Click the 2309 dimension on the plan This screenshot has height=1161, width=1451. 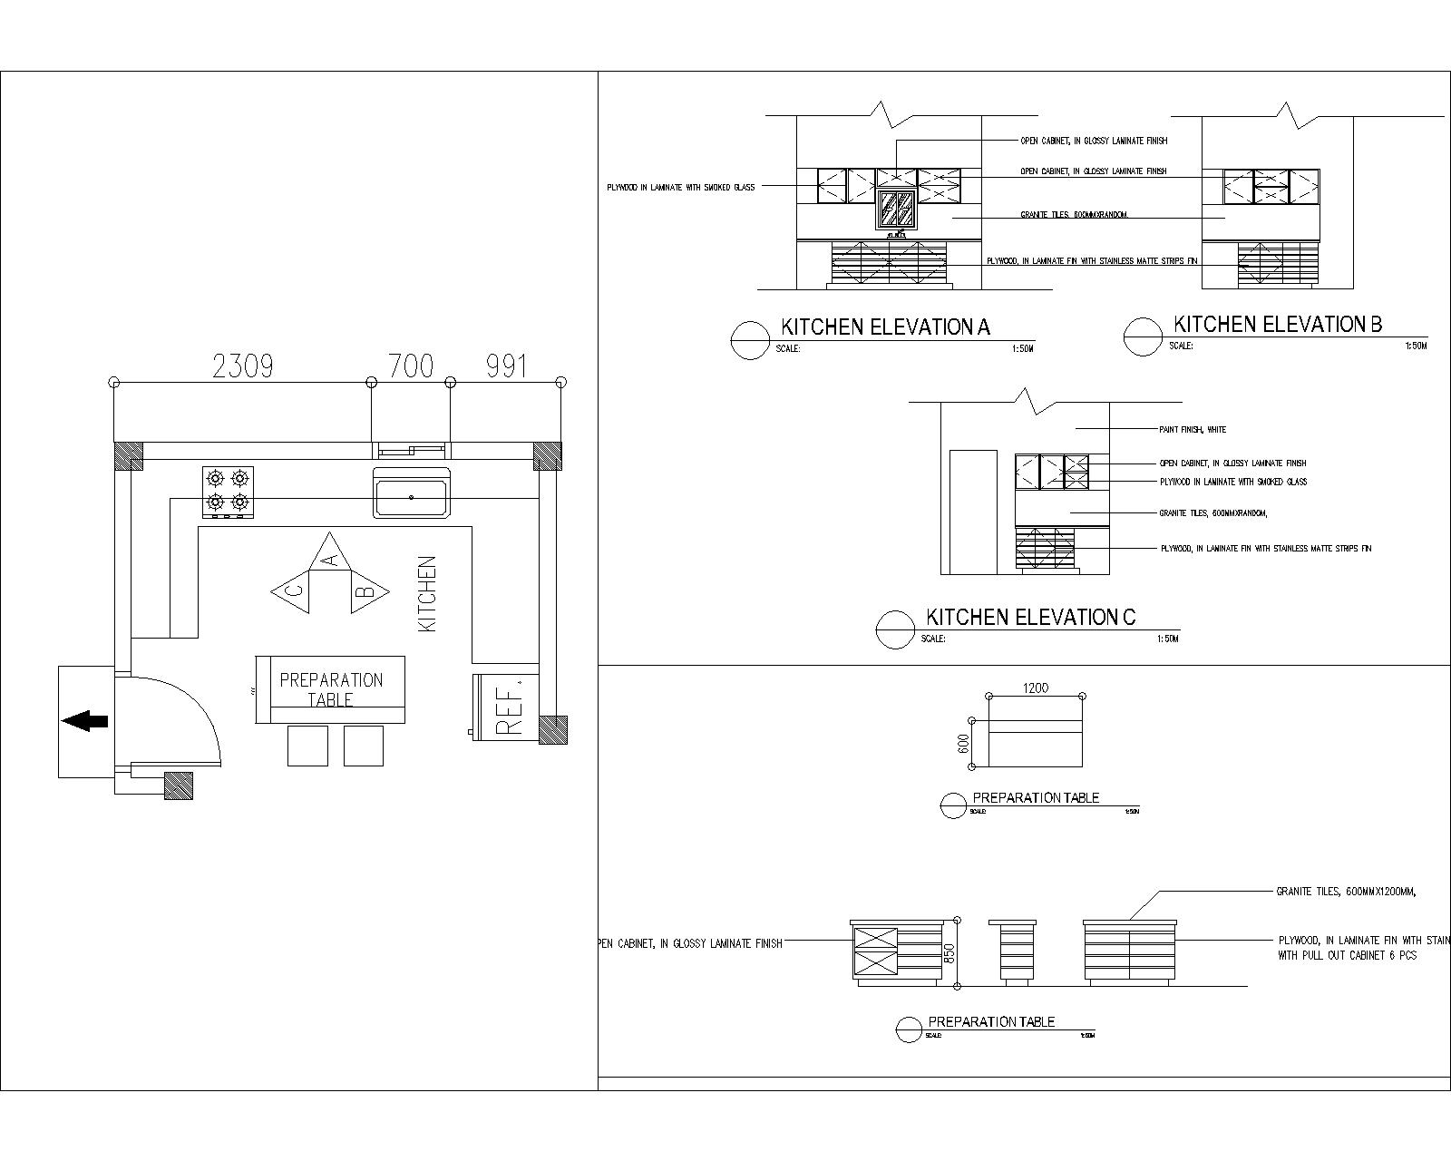[242, 366]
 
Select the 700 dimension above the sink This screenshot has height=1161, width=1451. [411, 366]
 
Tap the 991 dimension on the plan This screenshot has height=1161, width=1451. [506, 366]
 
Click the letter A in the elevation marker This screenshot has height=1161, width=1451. [331, 560]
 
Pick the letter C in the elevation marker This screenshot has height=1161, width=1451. [294, 590]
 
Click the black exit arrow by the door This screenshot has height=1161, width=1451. [84, 721]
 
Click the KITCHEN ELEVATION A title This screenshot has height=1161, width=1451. [886, 327]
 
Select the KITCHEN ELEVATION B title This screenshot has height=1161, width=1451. [1278, 325]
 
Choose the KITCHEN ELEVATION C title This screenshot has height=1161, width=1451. [1030, 618]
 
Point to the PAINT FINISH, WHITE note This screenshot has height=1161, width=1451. [1192, 429]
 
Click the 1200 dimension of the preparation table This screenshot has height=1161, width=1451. [1036, 688]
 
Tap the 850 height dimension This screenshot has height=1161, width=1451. [949, 954]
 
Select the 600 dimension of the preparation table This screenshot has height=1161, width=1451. [964, 743]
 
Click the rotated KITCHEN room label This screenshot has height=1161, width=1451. [427, 593]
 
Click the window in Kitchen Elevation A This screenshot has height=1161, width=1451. [898, 209]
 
